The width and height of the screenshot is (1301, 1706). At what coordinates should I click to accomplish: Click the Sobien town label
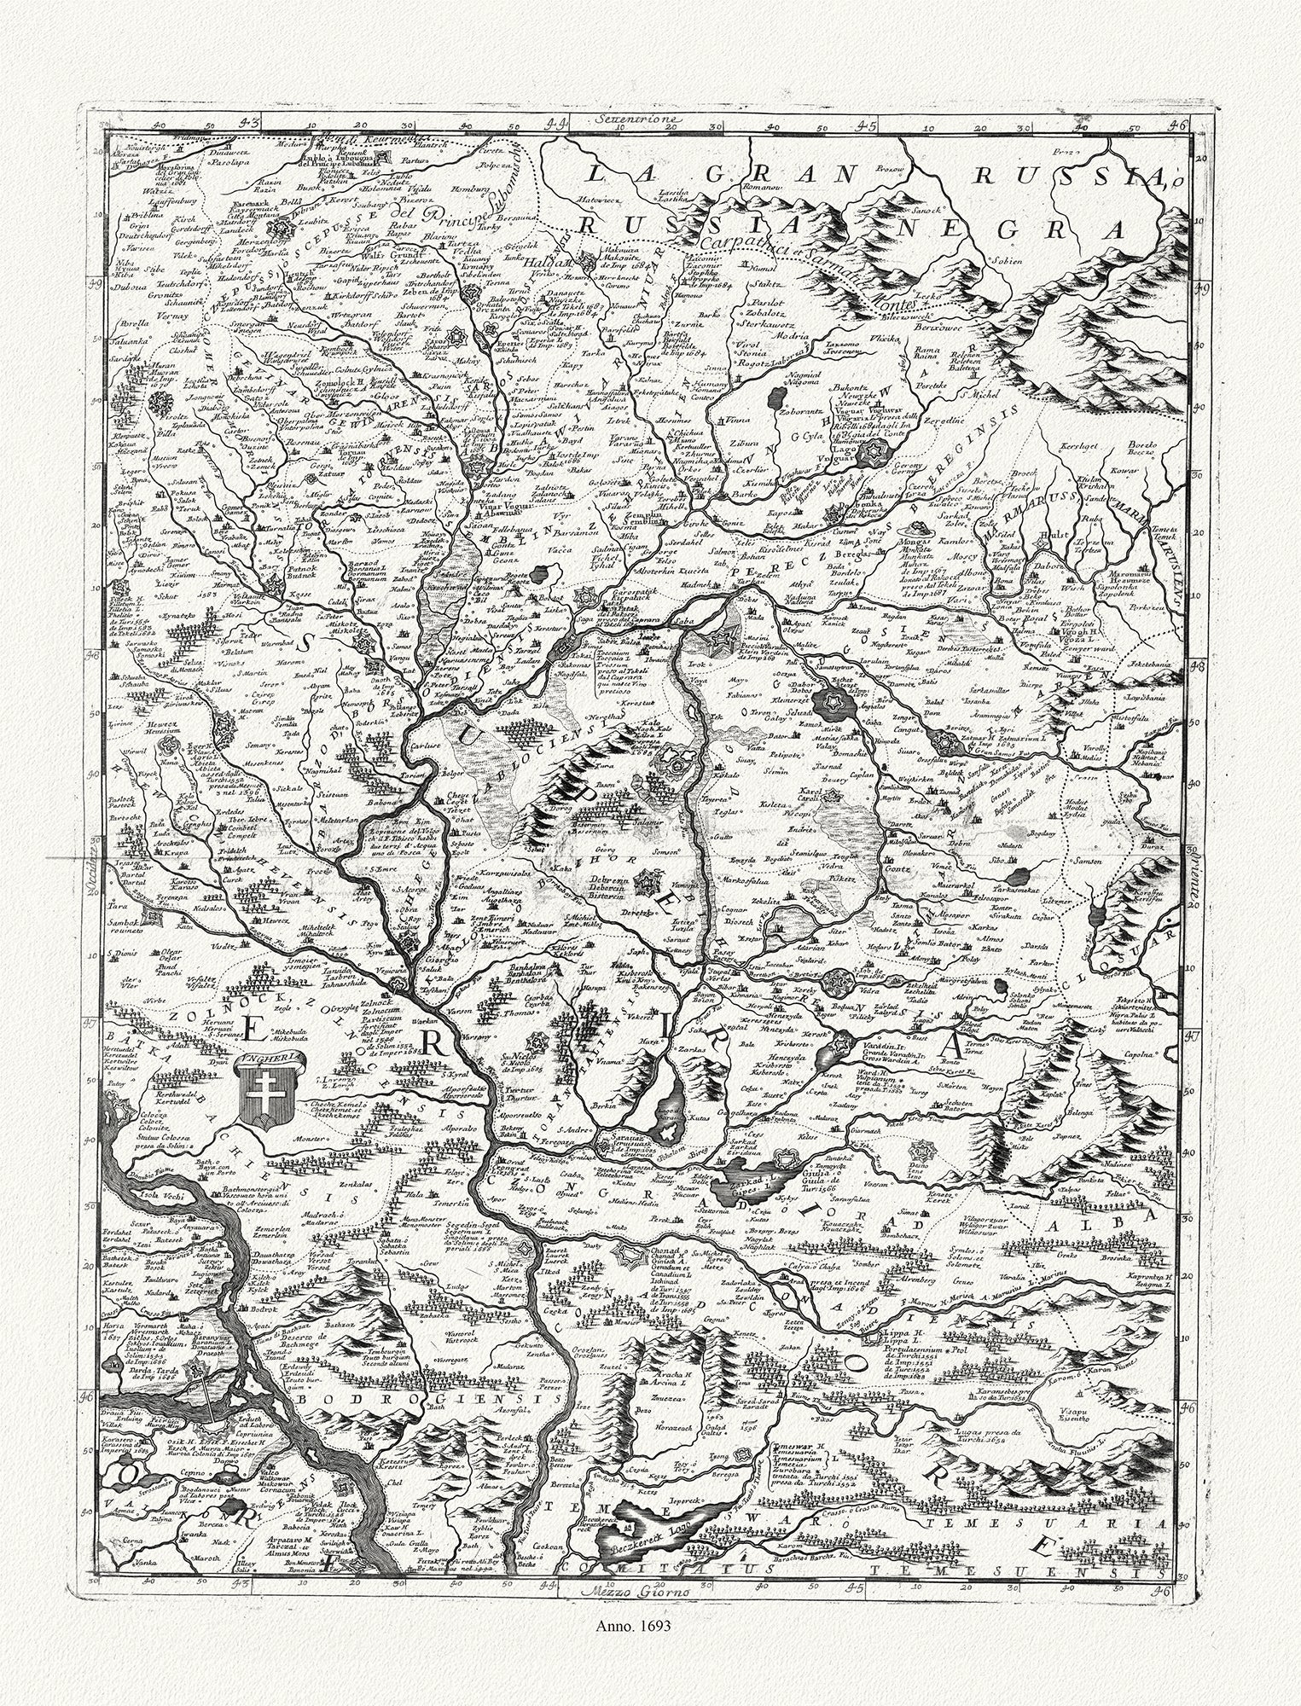pyautogui.click(x=1003, y=261)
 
